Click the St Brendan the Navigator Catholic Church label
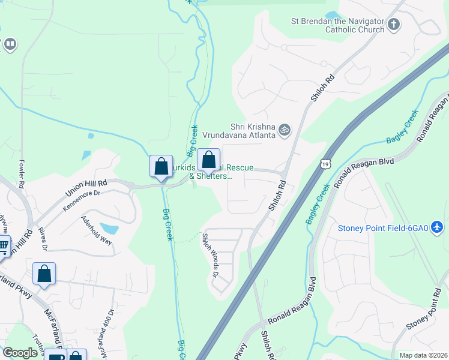point(354,25)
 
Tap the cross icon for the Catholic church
point(394,25)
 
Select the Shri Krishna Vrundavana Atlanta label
point(253,131)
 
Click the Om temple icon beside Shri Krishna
point(285,129)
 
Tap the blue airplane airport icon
point(438,228)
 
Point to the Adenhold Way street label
point(97,230)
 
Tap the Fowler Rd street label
point(21,173)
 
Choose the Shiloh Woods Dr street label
point(209,256)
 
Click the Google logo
point(20,353)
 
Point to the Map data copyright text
point(423,355)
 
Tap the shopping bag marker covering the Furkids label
point(208,160)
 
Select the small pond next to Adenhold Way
point(109,229)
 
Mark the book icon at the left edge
point(10,44)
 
